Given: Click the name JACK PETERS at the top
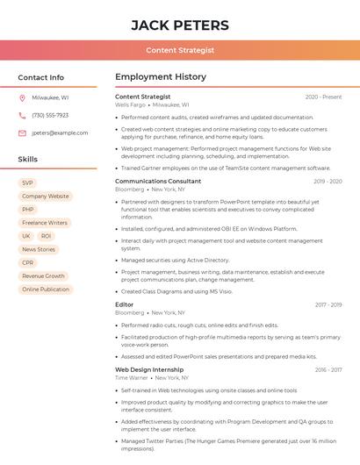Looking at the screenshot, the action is (179, 25).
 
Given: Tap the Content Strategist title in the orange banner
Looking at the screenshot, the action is (179, 50).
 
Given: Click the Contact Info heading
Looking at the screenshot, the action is (40, 77).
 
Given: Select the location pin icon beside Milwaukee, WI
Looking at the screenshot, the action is (22, 98).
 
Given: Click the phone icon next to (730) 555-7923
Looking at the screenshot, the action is (22, 116).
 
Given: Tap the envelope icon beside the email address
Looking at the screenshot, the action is (22, 133).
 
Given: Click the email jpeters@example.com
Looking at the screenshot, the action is (60, 133).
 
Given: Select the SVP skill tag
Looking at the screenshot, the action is (28, 183).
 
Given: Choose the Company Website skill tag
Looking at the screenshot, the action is (45, 197).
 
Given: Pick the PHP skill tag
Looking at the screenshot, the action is (28, 210).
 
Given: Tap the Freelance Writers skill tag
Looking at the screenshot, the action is (45, 223).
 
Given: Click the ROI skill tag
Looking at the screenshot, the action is (46, 236).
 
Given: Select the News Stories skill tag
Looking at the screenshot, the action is (39, 249).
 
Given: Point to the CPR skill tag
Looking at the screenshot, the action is (28, 262).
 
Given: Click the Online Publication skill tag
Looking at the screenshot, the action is (46, 289).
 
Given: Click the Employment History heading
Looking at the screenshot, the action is (160, 77).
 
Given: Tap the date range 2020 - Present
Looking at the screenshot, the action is (323, 97).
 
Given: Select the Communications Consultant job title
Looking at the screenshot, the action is (158, 182).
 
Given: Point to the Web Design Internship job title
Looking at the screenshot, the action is (149, 369).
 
